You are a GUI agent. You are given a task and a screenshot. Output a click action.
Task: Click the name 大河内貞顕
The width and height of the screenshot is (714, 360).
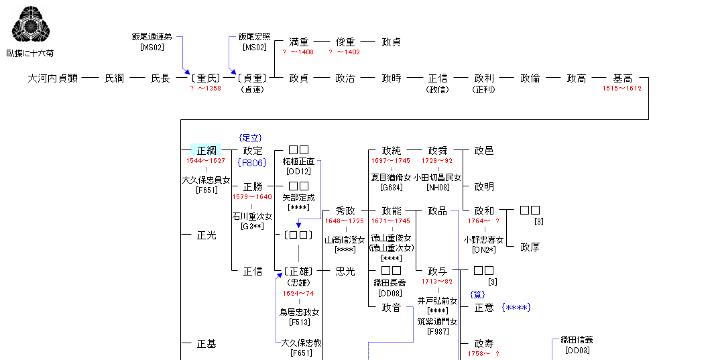pyautogui.click(x=53, y=78)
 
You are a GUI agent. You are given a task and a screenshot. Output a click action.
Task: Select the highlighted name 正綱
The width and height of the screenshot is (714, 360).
pyautogui.click(x=206, y=151)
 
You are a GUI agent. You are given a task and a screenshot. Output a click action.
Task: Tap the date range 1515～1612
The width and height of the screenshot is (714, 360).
pyautogui.click(x=621, y=88)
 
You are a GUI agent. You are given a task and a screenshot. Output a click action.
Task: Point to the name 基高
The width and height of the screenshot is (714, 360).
pyautogui.click(x=622, y=78)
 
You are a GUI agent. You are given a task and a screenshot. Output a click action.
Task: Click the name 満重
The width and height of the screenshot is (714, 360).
pyautogui.click(x=298, y=42)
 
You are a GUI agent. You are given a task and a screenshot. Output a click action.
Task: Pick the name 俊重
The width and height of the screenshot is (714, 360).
pyautogui.click(x=345, y=42)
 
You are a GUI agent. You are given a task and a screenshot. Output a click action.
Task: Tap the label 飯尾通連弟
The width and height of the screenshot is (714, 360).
pyautogui.click(x=152, y=37)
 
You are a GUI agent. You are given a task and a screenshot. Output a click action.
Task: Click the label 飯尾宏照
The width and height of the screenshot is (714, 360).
pyautogui.click(x=255, y=37)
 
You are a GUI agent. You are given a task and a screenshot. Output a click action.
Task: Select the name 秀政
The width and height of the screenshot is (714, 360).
pyautogui.click(x=345, y=211)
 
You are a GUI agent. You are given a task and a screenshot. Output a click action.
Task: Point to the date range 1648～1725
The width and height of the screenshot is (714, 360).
pyautogui.click(x=345, y=221)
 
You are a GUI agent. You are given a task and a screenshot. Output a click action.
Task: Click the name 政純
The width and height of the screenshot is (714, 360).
pyautogui.click(x=392, y=151)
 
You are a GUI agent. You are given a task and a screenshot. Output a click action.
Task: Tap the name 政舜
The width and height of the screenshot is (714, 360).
pyautogui.click(x=437, y=151)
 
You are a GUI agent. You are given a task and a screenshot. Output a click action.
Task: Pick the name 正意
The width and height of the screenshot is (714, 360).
pyautogui.click(x=484, y=308)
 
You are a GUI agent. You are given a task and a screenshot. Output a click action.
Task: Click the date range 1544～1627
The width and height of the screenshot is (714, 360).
pyautogui.click(x=206, y=161)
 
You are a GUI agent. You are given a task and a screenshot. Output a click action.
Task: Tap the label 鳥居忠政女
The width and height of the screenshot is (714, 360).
pyautogui.click(x=299, y=312)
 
